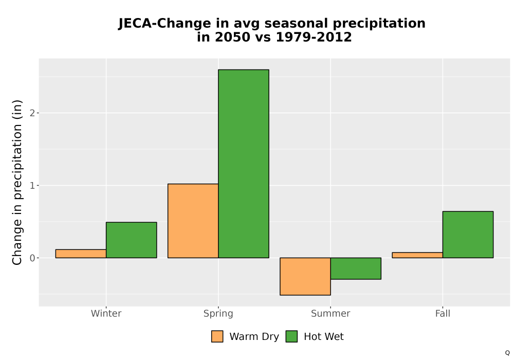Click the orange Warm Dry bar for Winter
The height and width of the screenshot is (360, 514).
click(x=81, y=254)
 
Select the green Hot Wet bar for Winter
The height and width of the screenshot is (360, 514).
click(x=132, y=240)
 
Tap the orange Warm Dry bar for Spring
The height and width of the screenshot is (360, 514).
click(x=193, y=221)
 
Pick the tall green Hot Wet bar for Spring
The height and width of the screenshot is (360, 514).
click(x=244, y=164)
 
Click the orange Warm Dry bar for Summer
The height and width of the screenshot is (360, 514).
click(x=305, y=276)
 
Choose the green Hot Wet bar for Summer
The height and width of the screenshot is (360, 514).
click(x=356, y=268)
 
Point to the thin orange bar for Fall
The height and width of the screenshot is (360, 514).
click(x=417, y=255)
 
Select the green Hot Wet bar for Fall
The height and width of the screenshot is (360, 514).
click(x=468, y=235)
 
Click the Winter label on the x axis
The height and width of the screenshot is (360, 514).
click(x=106, y=313)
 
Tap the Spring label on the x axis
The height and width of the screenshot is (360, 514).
click(x=218, y=314)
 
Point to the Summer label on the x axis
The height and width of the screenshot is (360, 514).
click(x=331, y=313)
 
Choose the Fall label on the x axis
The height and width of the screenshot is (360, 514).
click(x=443, y=313)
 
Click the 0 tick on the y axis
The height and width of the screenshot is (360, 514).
click(x=32, y=258)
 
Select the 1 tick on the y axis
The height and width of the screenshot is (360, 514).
click(x=32, y=186)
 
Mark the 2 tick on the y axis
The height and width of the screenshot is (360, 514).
click(x=32, y=113)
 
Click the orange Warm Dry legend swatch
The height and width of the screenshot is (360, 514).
click(x=217, y=336)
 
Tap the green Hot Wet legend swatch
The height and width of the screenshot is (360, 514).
click(x=291, y=336)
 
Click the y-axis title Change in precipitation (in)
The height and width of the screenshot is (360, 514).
click(x=17, y=182)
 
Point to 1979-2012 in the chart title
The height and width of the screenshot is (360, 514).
click(x=314, y=37)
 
